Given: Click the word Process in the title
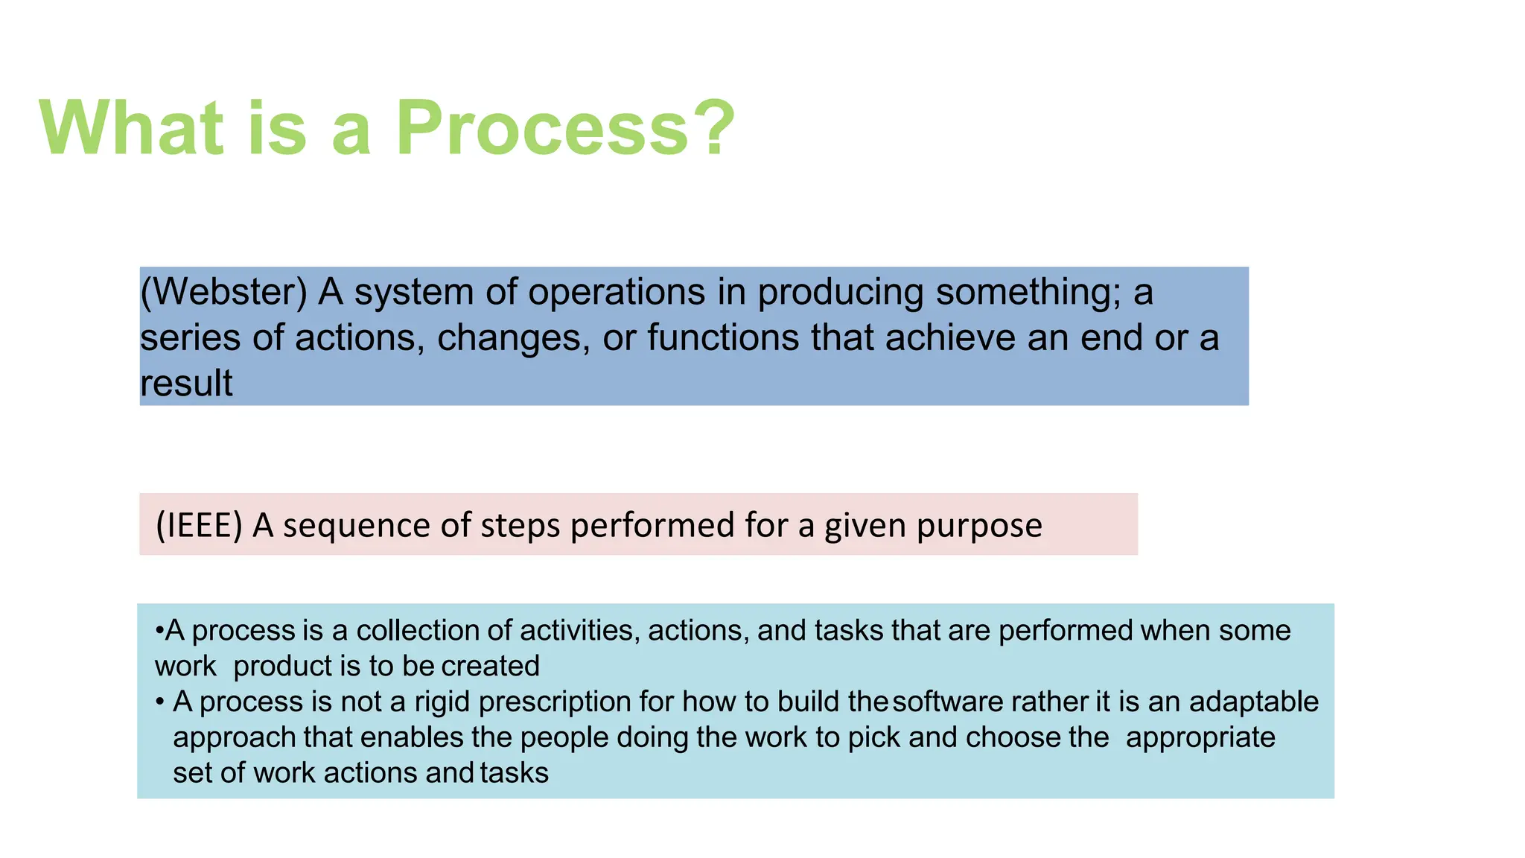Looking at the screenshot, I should pyautogui.click(x=544, y=128).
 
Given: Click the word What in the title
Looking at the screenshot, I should pyautogui.click(x=131, y=128).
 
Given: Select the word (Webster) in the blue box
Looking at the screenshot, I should pyautogui.click(x=223, y=292).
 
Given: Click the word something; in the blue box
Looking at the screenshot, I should pyautogui.click(x=1028, y=292).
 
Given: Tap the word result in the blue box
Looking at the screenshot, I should pyautogui.click(x=186, y=384).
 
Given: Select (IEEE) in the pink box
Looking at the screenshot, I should pyautogui.click(x=199, y=526).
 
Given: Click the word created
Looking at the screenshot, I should pyautogui.click(x=490, y=666).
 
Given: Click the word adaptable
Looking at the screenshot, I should pyautogui.click(x=1253, y=702).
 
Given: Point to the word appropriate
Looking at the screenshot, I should pyautogui.click(x=1200, y=737).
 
